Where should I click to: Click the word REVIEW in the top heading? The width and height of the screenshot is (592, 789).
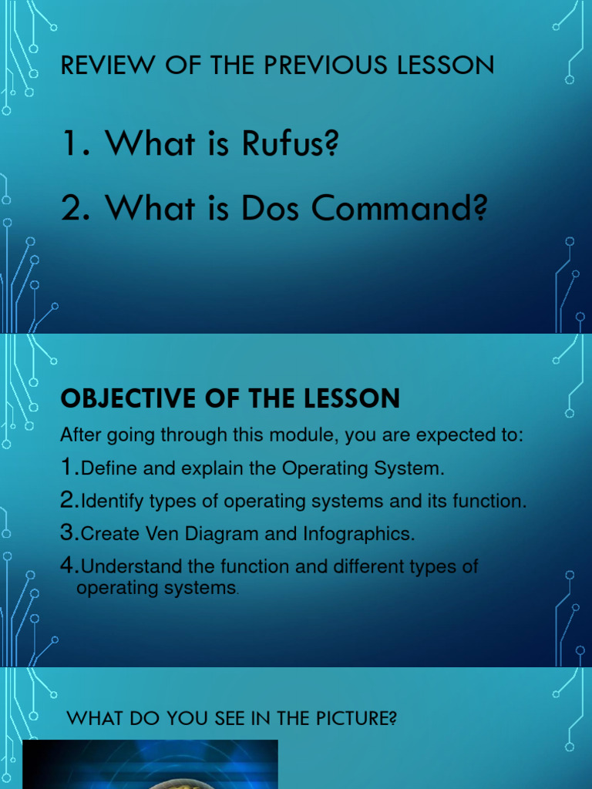click(98, 65)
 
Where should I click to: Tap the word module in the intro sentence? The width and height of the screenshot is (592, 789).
click(307, 435)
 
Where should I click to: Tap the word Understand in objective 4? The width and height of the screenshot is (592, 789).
click(131, 567)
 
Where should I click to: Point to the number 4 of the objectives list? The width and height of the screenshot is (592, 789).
click(68, 566)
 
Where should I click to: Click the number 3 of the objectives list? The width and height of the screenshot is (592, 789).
click(68, 532)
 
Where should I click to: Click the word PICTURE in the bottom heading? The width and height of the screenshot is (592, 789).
click(358, 719)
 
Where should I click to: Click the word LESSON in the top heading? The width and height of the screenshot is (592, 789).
click(446, 65)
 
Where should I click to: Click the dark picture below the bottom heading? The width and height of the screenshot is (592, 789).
click(150, 764)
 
